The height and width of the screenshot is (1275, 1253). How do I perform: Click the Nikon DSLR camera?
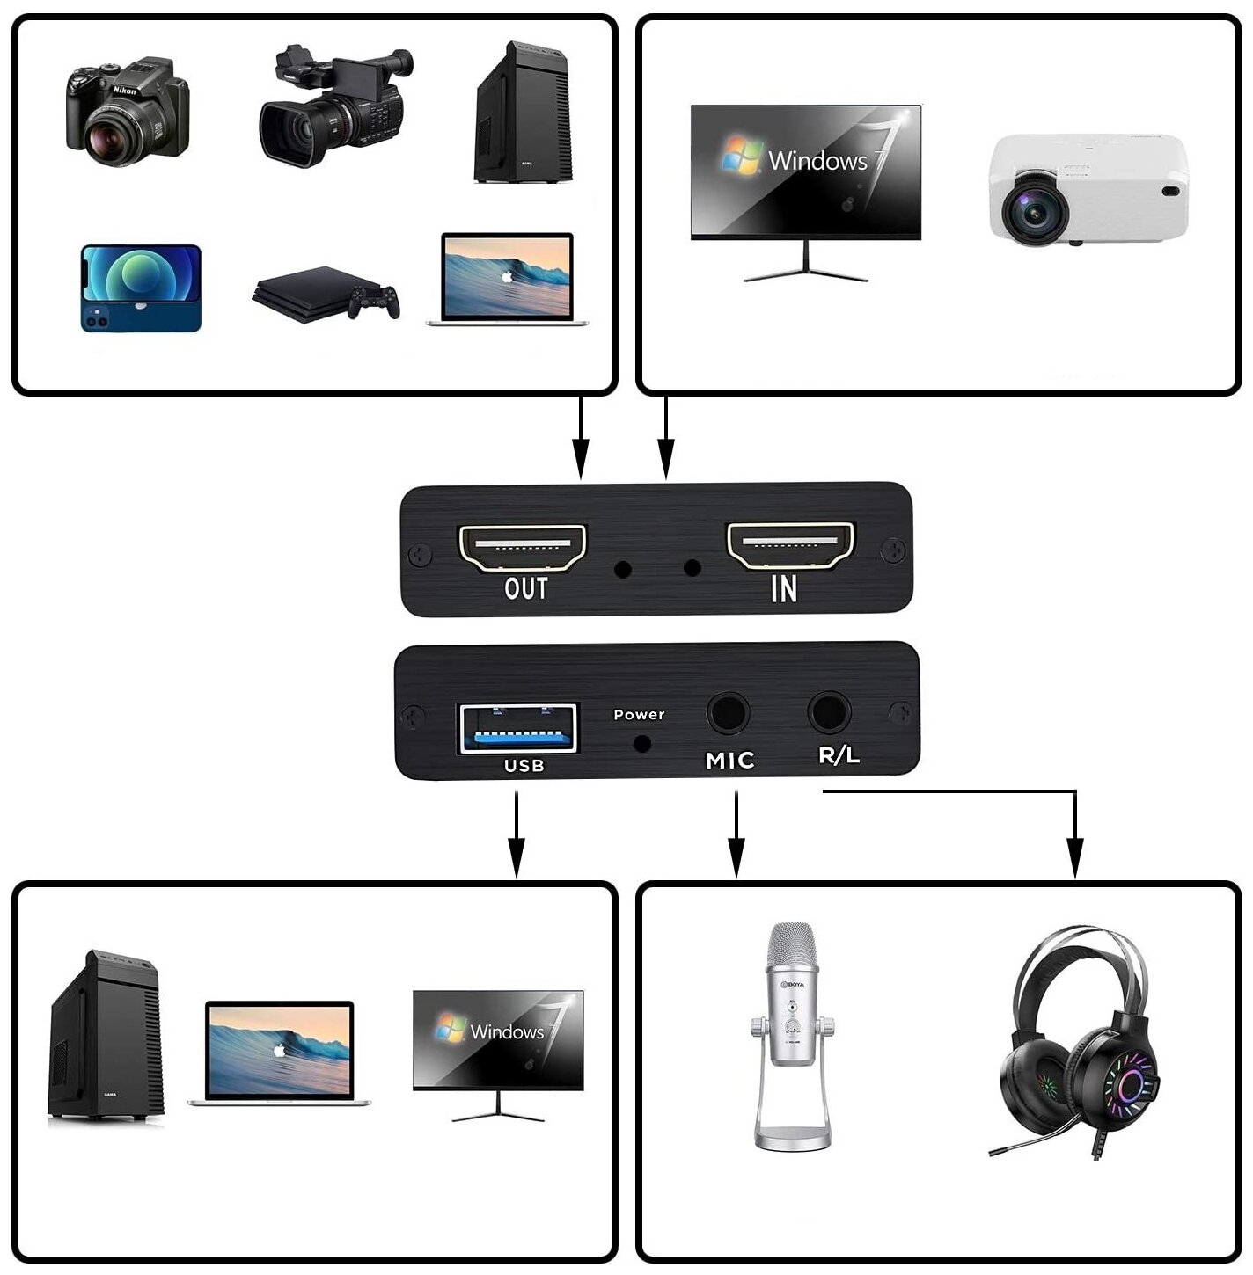point(127,112)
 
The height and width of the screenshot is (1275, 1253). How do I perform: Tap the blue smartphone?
point(141,288)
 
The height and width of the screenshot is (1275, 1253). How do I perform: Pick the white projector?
point(1088,189)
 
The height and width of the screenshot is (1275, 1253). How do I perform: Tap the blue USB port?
point(518,728)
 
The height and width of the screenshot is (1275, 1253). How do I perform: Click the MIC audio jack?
point(729,713)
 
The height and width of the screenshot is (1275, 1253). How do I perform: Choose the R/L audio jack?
point(829,711)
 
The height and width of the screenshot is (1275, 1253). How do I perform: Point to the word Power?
point(639,715)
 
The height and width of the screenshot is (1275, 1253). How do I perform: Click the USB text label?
point(524,766)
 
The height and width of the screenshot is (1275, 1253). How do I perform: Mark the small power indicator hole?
point(642,744)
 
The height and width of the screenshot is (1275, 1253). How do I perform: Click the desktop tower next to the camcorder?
point(524,113)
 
